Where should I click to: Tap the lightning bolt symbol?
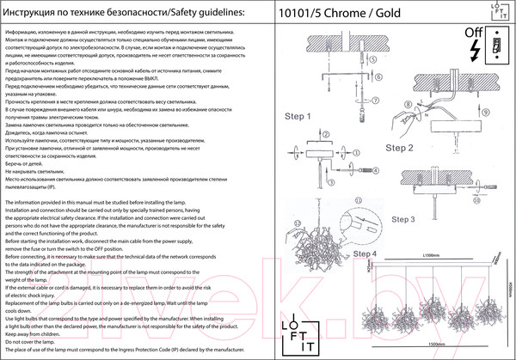click(x=472, y=52)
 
